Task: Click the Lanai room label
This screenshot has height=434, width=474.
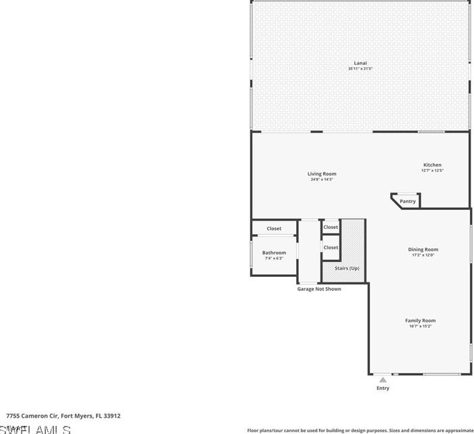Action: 360,63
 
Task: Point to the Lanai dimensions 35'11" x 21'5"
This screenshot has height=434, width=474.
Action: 360,68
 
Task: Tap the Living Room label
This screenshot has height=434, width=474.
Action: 322,174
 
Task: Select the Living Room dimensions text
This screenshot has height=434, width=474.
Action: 322,179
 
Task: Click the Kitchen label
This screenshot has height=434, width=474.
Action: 432,165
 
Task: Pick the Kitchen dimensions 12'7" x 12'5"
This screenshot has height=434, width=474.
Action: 432,171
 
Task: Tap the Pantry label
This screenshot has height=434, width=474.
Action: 408,201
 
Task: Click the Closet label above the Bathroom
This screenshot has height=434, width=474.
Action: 274,229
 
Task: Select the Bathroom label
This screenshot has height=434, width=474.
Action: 274,253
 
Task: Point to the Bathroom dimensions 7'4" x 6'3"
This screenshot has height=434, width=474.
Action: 274,259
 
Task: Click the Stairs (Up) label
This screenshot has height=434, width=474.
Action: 347,269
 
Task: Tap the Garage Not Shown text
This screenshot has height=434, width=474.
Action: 319,289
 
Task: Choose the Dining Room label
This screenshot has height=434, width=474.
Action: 423,250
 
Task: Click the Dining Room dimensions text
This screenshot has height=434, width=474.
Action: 423,255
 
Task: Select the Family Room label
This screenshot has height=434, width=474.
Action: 420,321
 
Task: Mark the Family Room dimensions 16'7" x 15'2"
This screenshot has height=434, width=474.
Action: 420,326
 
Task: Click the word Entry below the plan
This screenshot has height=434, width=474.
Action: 383,388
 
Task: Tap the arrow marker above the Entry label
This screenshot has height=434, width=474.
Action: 383,380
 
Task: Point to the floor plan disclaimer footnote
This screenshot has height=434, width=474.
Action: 360,430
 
